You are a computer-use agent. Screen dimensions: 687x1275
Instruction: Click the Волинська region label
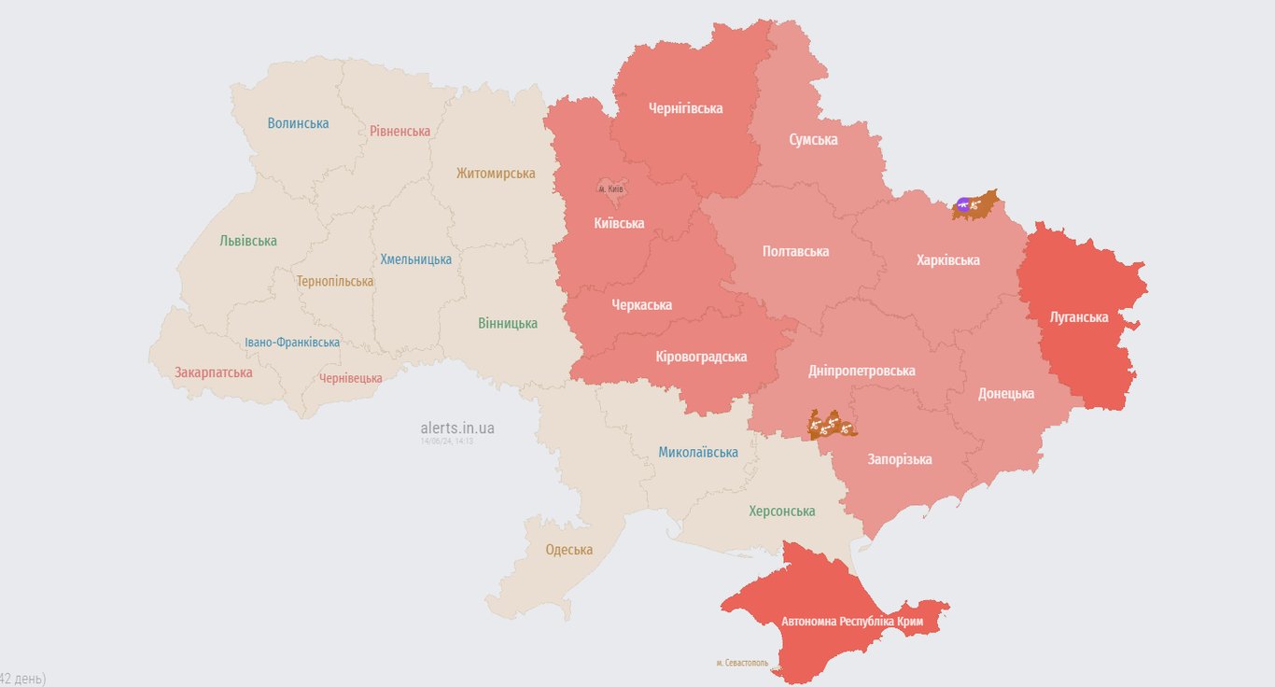[x=298, y=123]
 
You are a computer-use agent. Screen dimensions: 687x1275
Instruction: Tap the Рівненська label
[x=399, y=131]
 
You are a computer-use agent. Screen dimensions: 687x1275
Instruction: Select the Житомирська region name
[x=496, y=174]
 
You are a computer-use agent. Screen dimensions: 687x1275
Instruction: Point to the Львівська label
[x=248, y=241]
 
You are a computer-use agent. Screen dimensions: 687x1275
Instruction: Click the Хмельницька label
[x=415, y=259]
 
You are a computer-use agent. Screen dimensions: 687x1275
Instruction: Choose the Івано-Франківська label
[x=292, y=343]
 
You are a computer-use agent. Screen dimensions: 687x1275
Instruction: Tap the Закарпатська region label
[x=213, y=372]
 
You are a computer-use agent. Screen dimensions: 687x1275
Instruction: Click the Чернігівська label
[x=685, y=108]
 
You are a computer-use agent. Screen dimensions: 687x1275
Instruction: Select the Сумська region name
[x=813, y=140]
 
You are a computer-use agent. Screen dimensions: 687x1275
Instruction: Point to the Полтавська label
[x=795, y=251]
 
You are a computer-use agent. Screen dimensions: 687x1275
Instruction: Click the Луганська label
[x=1079, y=317]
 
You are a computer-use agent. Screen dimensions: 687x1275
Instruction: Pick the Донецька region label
[x=1005, y=394]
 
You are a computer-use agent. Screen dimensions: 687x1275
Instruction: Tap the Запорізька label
[x=899, y=459]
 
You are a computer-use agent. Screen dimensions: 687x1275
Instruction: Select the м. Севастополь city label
[x=742, y=663]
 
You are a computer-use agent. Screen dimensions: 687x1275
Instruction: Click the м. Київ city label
[x=610, y=189]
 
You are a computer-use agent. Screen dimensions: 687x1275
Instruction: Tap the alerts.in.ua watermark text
[x=457, y=428]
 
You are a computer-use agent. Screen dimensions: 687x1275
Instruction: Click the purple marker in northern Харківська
[x=963, y=204]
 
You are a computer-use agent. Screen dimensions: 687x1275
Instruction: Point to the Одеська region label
[x=568, y=550]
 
